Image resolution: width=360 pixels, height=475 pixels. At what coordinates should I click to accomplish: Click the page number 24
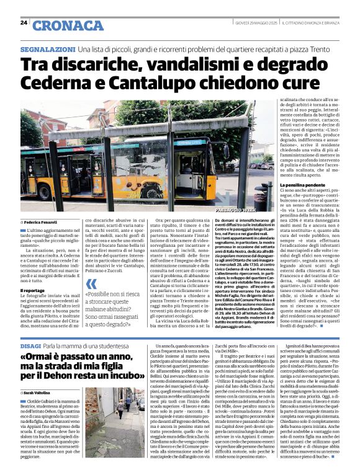(24, 22)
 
